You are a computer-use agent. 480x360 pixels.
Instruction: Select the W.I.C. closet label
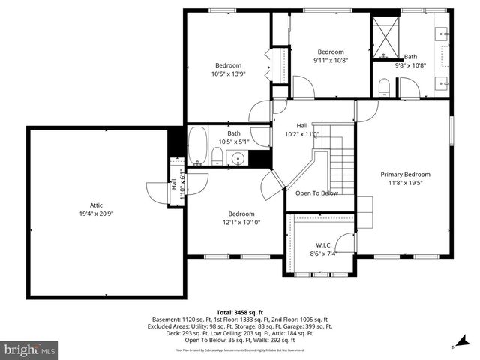click(323, 244)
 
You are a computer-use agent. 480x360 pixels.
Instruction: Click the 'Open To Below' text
click(316, 193)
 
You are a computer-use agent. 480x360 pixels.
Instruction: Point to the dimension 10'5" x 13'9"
click(229, 74)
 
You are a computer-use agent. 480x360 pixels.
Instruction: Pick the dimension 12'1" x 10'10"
click(241, 222)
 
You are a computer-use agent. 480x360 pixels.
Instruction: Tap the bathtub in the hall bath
click(198, 146)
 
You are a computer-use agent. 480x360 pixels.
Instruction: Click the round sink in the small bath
click(238, 157)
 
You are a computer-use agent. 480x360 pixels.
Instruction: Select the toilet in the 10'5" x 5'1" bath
click(217, 156)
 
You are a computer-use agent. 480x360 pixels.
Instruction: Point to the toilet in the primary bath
click(384, 86)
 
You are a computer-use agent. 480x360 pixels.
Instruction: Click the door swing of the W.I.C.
click(346, 244)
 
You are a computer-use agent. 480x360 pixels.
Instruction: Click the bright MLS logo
click(30, 349)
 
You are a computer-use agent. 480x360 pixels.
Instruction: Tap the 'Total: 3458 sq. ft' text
click(240, 311)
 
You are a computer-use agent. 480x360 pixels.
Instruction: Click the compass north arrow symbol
click(454, 347)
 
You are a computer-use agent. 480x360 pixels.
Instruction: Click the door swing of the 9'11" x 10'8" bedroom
click(301, 88)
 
